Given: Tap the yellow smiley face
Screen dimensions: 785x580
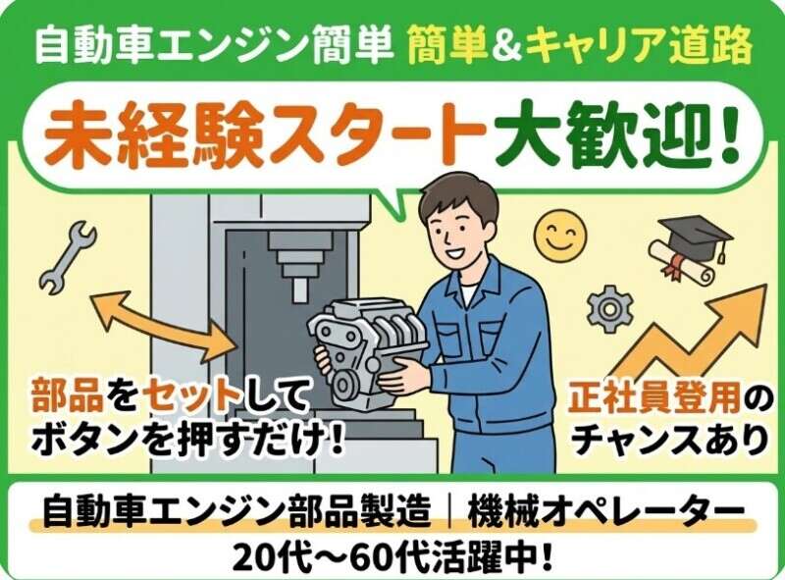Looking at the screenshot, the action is (559, 236).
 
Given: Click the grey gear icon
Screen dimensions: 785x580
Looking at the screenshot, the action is (610, 309).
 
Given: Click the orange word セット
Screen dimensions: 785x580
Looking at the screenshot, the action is (191, 395).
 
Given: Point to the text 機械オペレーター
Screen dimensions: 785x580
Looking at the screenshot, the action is (605, 511).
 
